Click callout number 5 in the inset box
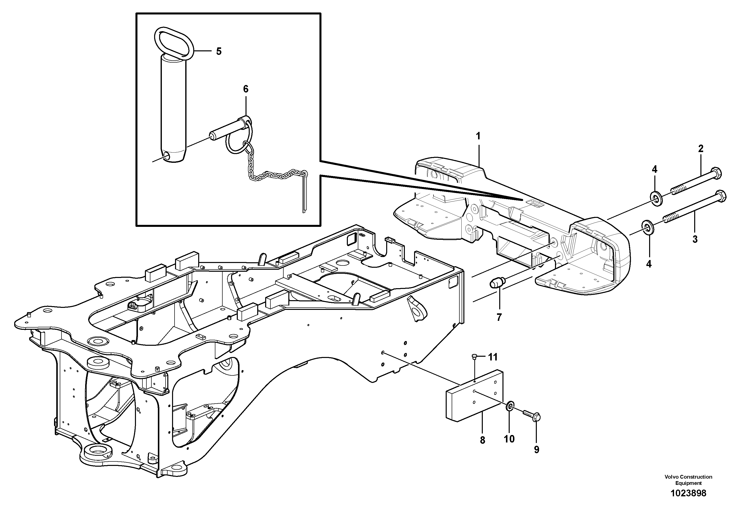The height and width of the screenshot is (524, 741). point(219,51)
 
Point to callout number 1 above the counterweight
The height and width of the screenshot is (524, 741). point(478,136)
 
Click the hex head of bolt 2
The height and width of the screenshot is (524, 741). point(716,173)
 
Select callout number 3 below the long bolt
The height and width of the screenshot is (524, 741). point(695,239)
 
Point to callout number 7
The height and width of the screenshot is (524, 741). point(499,318)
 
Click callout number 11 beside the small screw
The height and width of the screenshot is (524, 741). point(493,357)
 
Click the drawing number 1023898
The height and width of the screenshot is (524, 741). point(688,502)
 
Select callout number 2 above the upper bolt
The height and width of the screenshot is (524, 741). point(701,149)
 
